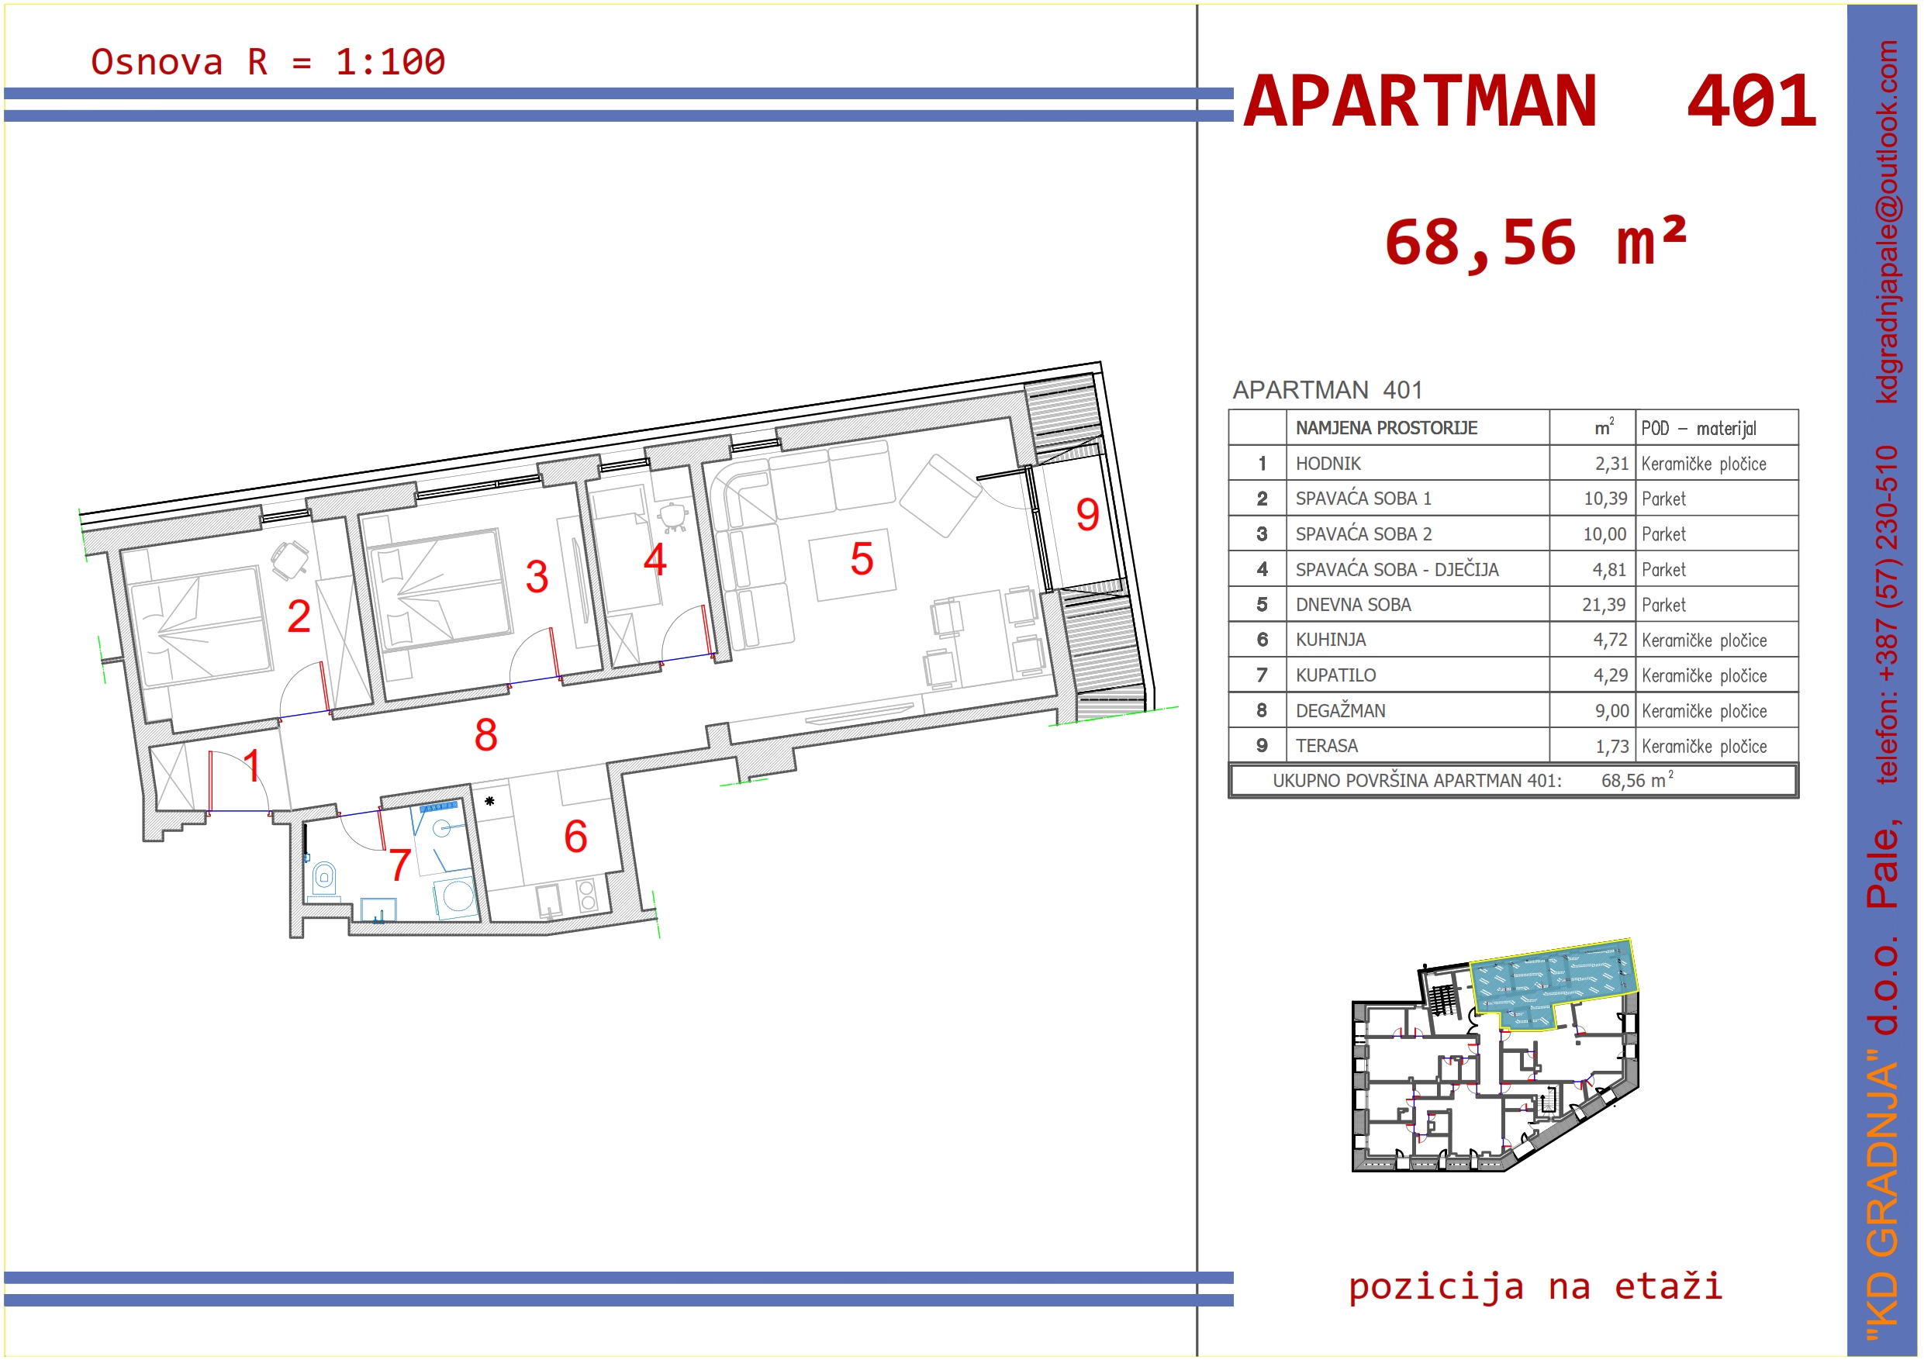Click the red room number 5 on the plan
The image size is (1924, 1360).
(x=862, y=559)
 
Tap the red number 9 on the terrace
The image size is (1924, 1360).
(x=1087, y=515)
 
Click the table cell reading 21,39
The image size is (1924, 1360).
(x=1603, y=605)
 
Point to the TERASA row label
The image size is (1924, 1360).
(x=1327, y=746)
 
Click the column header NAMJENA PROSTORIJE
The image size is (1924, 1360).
(x=1386, y=428)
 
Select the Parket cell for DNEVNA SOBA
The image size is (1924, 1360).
(x=1663, y=605)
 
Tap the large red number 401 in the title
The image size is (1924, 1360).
(x=1751, y=102)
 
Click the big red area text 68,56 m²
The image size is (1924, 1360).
(x=1535, y=242)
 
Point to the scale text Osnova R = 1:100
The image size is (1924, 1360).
(x=268, y=62)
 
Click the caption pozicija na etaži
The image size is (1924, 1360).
(x=1535, y=1286)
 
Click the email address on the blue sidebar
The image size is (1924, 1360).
(x=1886, y=221)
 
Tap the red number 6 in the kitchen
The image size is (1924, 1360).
(x=575, y=837)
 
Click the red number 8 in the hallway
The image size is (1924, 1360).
(x=485, y=735)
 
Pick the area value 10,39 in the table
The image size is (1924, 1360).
(x=1604, y=499)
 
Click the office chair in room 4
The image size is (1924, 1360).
(x=672, y=516)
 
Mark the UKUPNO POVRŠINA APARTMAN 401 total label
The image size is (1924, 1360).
(x=1417, y=781)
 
